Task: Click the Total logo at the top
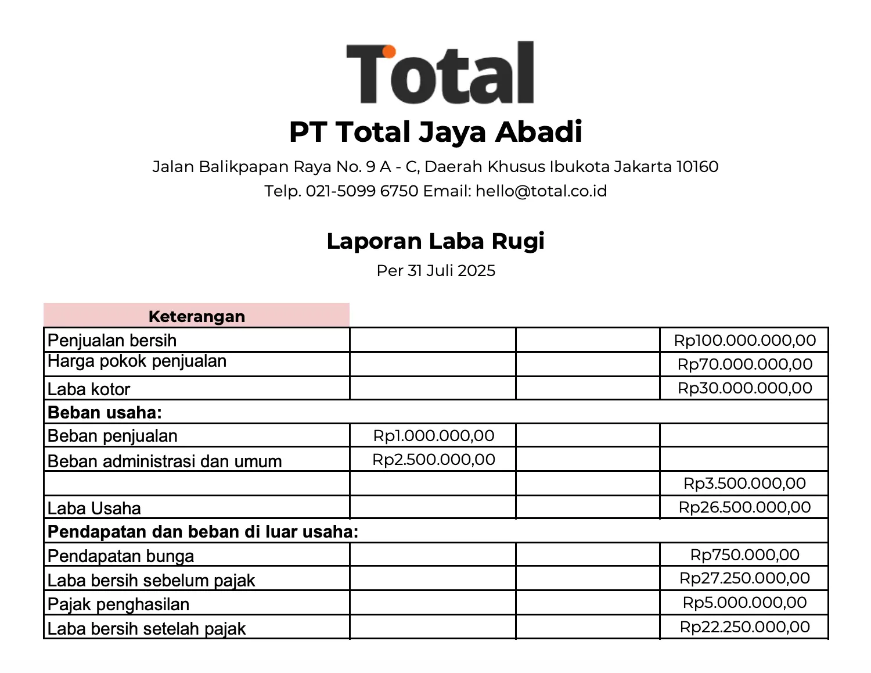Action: point(440,73)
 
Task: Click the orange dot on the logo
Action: point(388,52)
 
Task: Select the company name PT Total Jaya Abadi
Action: point(435,132)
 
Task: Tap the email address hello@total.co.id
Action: point(541,191)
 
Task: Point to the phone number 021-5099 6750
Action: point(362,191)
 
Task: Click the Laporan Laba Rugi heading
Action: point(435,241)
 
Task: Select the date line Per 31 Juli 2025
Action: point(435,271)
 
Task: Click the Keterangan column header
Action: point(197,316)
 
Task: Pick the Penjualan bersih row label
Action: point(112,340)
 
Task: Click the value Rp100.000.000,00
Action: point(744,340)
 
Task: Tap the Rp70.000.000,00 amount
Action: point(744,364)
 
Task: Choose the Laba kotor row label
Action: point(89,389)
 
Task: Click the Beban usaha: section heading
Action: point(105,413)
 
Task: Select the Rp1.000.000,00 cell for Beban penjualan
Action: point(434,436)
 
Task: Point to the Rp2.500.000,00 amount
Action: point(434,460)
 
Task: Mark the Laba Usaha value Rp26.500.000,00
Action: point(744,507)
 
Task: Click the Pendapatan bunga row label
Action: point(121,556)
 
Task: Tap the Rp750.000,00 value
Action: point(744,555)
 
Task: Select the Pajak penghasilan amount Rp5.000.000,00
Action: point(744,603)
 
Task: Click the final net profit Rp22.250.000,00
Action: point(744,627)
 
